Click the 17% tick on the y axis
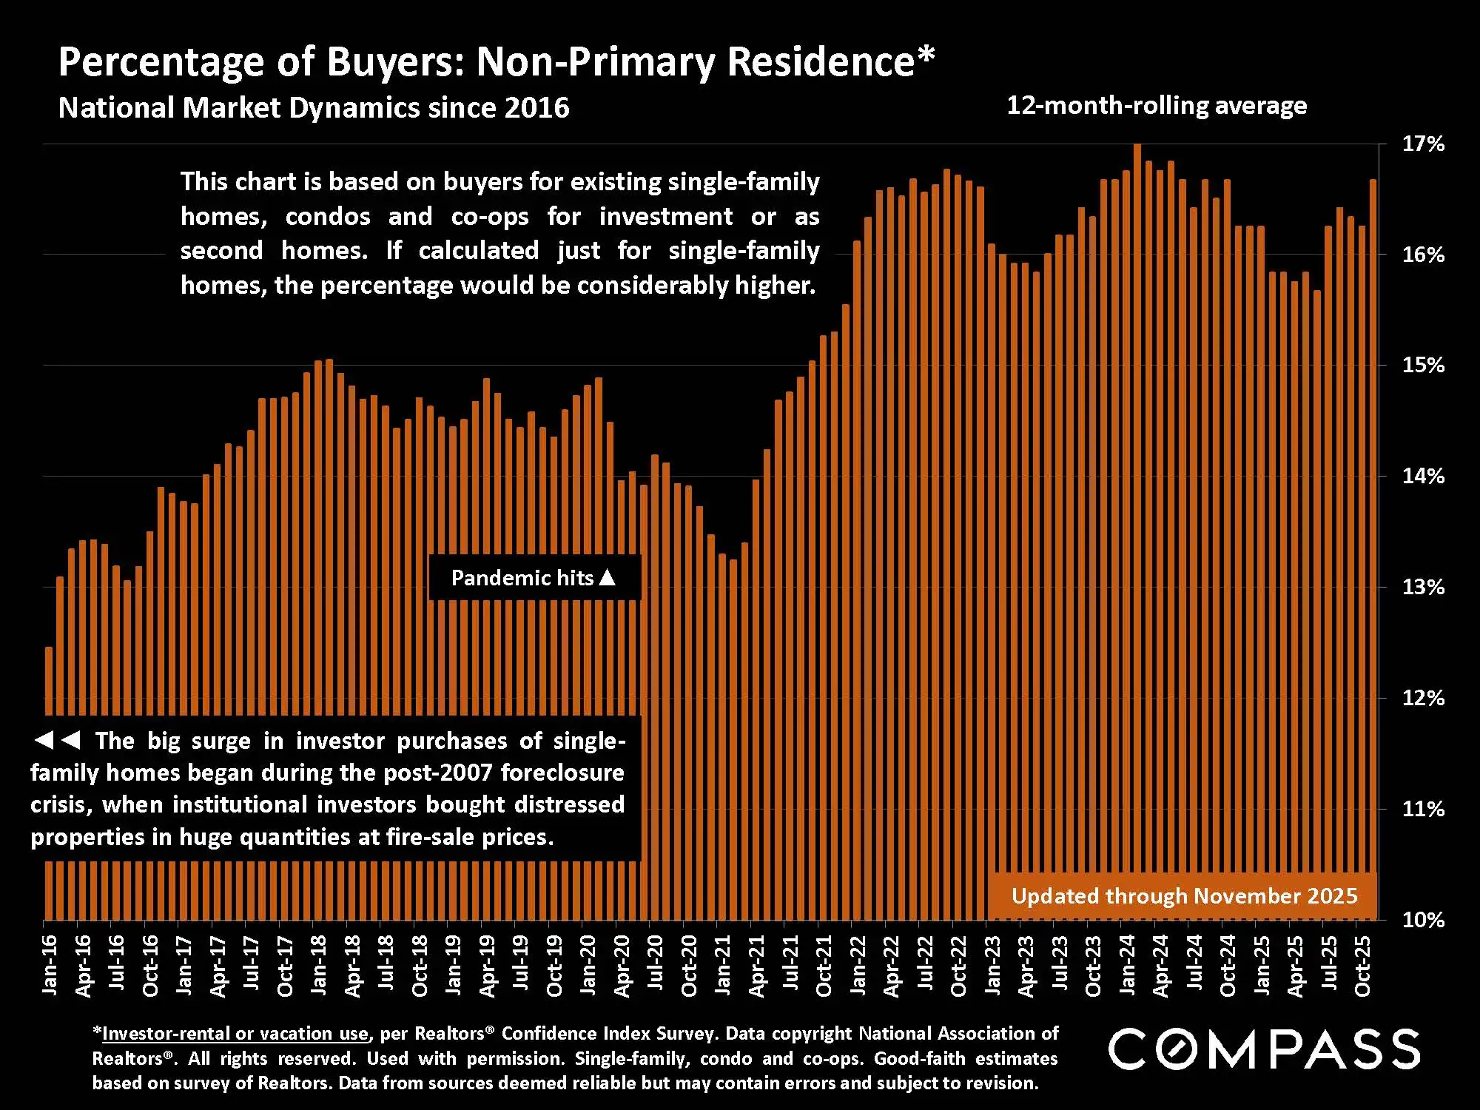[x=1423, y=144]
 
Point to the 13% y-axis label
[x=1423, y=588]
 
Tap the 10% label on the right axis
[x=1423, y=920]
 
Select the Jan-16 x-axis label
[x=50, y=965]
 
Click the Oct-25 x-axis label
[x=1362, y=966]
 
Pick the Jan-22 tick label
[x=858, y=965]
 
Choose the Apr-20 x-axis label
[x=622, y=966]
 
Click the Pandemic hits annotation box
[x=534, y=578]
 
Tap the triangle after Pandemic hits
[x=607, y=577]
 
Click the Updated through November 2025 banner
[x=1184, y=896]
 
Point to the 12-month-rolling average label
[x=1157, y=106]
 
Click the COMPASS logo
[x=1263, y=1049]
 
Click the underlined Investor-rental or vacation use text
[x=235, y=1034]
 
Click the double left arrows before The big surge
[x=57, y=740]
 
